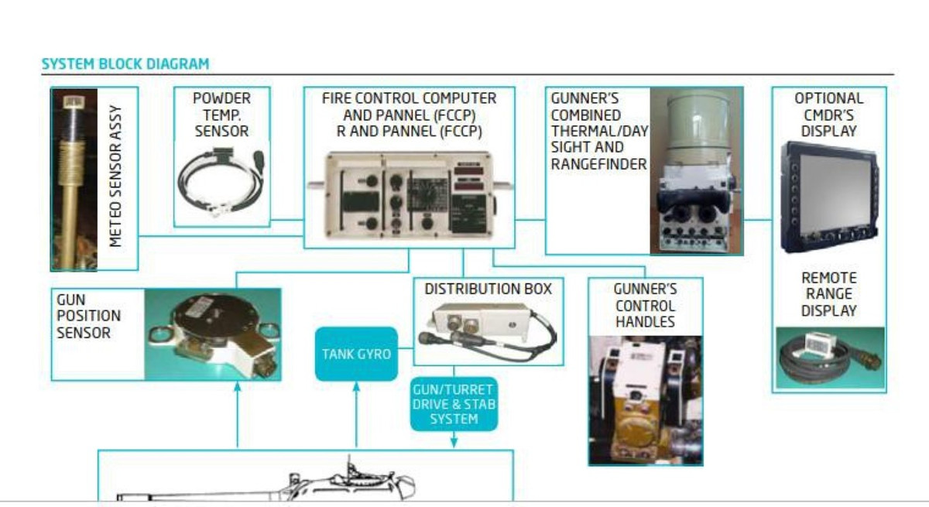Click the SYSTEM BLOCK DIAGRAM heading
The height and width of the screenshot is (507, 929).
coord(125,64)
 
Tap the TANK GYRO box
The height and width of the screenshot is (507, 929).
coord(356,354)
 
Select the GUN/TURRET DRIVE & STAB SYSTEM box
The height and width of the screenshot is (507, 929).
coord(453,403)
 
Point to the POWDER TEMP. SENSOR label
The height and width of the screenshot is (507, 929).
coord(221,115)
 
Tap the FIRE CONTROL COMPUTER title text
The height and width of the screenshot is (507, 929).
coord(409,98)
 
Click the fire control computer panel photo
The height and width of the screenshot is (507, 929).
coord(409,196)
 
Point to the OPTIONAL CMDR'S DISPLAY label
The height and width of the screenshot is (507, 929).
coord(828,115)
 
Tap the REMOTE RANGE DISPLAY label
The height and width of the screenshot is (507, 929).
coord(828,294)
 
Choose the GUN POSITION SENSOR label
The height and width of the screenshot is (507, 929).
coord(88,316)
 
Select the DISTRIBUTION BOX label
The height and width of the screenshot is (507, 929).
coord(488,289)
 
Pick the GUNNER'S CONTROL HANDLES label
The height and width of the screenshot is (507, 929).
coord(645,305)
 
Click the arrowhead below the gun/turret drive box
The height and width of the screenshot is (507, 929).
coord(454,443)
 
